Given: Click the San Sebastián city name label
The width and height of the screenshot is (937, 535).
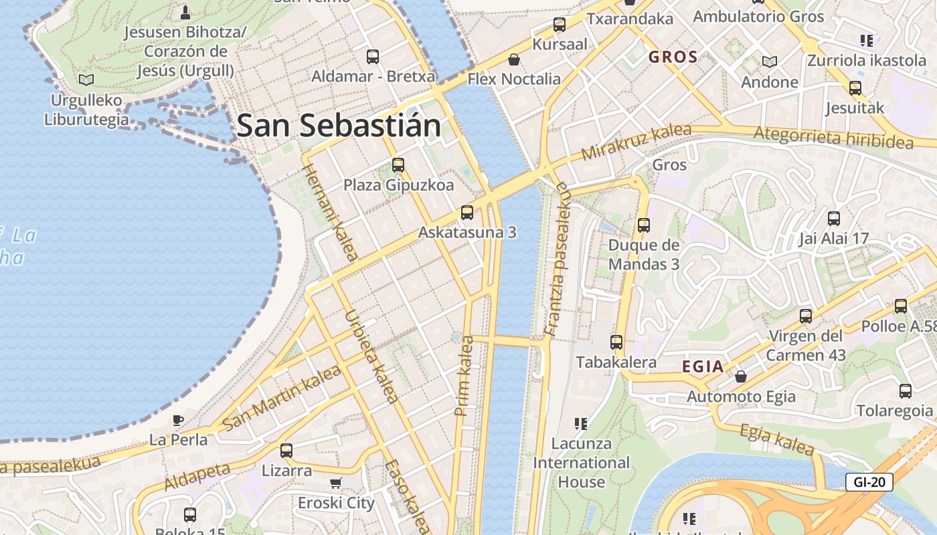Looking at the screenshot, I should [339, 126].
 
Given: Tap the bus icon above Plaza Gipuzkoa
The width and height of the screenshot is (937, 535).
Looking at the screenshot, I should [398, 165].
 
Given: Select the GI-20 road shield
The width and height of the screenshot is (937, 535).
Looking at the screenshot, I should [869, 481].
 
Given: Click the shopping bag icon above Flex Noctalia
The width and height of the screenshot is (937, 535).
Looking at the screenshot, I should [514, 60].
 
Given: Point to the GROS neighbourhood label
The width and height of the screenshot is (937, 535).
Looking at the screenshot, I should [673, 58].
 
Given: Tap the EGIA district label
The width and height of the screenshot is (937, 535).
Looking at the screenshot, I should [703, 366].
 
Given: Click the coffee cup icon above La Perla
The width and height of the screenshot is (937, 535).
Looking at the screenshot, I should [177, 420].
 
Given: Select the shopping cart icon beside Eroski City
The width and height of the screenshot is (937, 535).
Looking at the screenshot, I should [336, 483].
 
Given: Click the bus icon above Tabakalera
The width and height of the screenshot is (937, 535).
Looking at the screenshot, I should [616, 342].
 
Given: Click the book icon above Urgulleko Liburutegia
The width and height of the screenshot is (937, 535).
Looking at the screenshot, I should [86, 80].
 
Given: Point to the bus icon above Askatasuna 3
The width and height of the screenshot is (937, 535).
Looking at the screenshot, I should [467, 213].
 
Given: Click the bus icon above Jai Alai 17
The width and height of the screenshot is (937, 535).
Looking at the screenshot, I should [834, 218].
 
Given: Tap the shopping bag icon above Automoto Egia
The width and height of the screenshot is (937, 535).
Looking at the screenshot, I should [741, 377].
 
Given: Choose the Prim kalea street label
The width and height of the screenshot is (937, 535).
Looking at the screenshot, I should [464, 376].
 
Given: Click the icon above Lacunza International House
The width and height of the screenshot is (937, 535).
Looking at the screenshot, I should [580, 423].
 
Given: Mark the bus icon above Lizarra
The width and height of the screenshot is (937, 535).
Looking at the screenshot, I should [286, 450].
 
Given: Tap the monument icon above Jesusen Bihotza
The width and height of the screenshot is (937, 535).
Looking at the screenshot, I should [185, 12].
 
